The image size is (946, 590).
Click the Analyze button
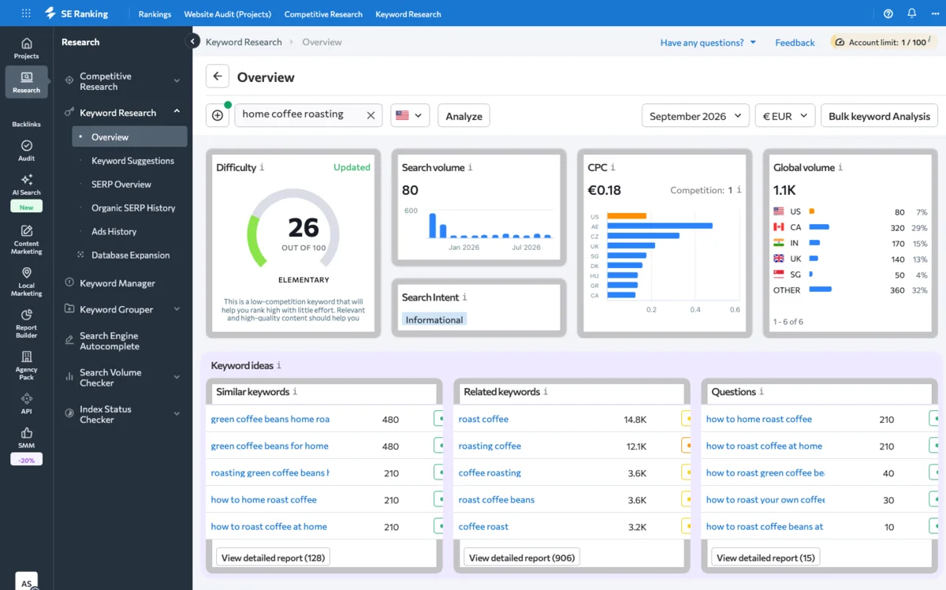pos(464,116)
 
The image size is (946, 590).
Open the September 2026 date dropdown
pos(695,116)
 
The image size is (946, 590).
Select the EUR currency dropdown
pos(784,116)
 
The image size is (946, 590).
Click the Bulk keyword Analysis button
pos(879,116)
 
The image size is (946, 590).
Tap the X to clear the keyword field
pos(371,115)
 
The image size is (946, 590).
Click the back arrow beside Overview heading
pos(218,76)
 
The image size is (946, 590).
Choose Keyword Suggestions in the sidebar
pos(132,161)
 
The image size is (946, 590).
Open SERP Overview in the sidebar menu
pos(121,185)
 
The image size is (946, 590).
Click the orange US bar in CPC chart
pos(627,216)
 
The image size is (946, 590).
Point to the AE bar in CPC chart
pos(660,226)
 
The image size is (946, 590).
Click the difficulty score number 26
pos(304,227)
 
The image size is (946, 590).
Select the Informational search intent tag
pos(434,319)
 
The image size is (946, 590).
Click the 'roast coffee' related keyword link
pos(483,419)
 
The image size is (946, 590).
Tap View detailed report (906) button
pos(522,558)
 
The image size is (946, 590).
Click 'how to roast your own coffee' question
pos(765,499)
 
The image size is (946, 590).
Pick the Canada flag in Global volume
pos(778,227)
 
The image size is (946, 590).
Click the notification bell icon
pos(912,13)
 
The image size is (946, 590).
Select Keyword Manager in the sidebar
pos(117,283)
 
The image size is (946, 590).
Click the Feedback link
pos(795,43)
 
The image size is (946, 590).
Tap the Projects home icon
pos(27,43)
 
